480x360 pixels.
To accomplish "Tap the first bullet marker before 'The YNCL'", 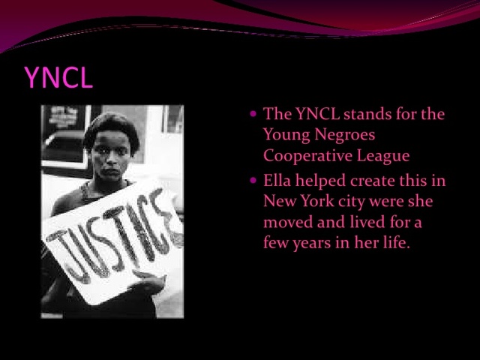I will [254, 115].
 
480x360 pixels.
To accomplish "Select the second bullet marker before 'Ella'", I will [254, 181].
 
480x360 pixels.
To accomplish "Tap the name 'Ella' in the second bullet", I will [277, 181].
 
